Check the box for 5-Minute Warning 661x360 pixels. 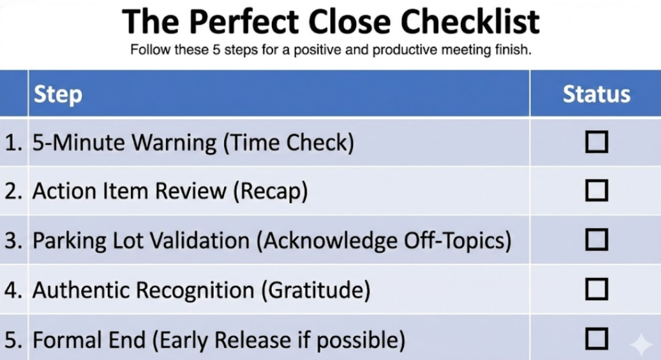pos(596,142)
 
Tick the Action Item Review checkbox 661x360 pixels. pos(596,191)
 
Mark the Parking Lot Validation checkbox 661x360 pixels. pos(596,240)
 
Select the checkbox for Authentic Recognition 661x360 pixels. pos(596,290)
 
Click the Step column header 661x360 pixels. pos(58,94)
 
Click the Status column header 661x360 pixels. pos(596,94)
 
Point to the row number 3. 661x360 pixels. pos(11,241)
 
